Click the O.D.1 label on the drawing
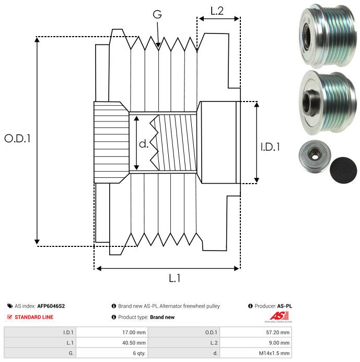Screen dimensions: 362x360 click(x=18, y=139)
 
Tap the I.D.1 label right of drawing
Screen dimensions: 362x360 click(x=270, y=147)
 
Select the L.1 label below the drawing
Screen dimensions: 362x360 click(x=175, y=278)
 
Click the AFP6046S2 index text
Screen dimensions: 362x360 click(x=51, y=306)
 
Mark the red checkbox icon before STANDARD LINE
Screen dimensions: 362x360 click(x=9, y=317)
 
